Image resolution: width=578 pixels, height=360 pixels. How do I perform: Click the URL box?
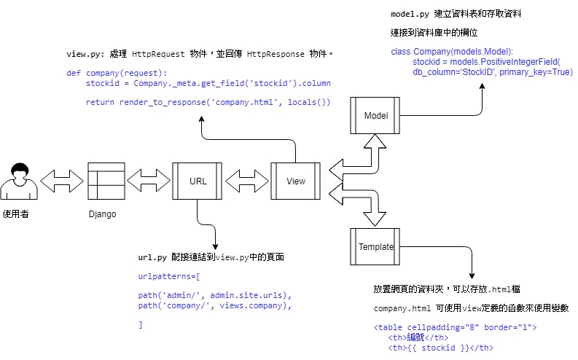point(197,181)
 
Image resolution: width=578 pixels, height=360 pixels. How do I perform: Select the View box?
point(295,181)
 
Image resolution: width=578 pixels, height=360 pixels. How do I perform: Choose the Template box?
point(375,247)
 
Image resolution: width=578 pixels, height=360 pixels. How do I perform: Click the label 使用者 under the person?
point(17,214)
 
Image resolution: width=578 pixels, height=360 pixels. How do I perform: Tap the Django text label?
point(102,214)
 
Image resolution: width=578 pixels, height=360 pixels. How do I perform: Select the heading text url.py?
point(152,257)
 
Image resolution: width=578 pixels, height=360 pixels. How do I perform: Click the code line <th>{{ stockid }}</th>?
point(442,348)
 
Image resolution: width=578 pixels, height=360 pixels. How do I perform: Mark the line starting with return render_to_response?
point(208,102)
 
